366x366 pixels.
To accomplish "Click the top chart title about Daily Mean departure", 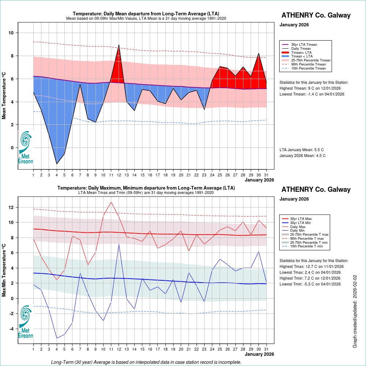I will coord(146,14).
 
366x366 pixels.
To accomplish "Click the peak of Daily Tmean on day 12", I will coord(119,45).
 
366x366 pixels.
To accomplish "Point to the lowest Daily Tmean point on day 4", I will coord(57,164).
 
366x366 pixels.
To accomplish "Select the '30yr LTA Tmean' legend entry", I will coord(304,45).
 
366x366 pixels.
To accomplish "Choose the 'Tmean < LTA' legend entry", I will coord(302,56).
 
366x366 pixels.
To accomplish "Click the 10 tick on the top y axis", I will coord(11,33).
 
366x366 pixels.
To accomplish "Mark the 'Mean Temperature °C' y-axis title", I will coord(4,95).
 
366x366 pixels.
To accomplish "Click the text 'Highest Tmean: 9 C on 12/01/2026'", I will coord(312,88).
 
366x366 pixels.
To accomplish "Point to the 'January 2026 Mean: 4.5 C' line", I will coord(302,156).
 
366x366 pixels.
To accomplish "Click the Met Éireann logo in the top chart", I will coord(26,146).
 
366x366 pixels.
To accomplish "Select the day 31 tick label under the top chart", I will coord(266,175).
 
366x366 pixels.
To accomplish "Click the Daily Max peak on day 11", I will coord(111,202).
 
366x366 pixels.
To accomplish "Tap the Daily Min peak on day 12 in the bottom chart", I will coord(119,244).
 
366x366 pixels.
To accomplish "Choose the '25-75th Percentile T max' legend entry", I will coord(309,235).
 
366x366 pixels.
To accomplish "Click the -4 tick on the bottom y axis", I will coord(11,329).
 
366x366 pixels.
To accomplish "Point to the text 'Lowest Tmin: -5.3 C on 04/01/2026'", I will coord(310,284).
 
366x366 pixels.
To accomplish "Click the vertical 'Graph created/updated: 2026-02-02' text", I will coord(355,312).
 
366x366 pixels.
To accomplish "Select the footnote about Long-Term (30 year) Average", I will coord(146,362).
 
